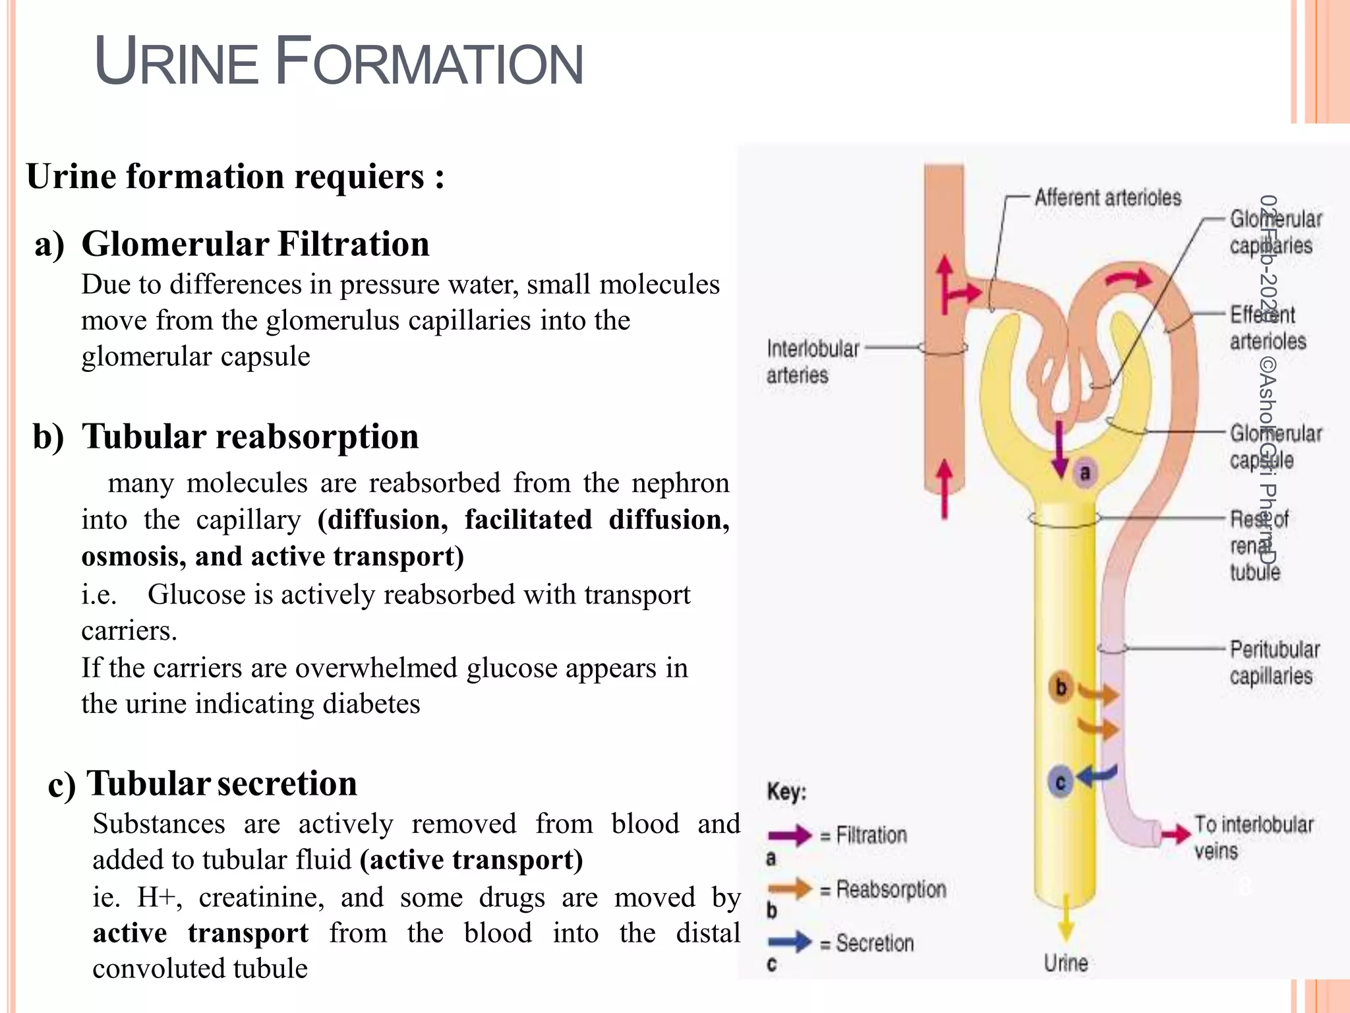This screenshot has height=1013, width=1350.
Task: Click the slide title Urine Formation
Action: point(339,62)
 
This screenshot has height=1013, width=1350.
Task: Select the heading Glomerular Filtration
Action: point(255,244)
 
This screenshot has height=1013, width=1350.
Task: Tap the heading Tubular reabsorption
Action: point(250,437)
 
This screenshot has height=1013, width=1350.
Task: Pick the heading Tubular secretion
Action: point(221,783)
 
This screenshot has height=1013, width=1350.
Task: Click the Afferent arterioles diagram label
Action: point(1107,197)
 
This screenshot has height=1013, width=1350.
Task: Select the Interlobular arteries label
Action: point(812,361)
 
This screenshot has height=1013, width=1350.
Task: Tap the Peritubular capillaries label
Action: point(1274,662)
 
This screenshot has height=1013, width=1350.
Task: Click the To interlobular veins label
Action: point(1253,837)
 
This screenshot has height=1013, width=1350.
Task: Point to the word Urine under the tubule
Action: point(1066,963)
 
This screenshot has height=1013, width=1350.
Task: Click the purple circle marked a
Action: point(1085,472)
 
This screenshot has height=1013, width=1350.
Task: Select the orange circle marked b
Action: point(1061,687)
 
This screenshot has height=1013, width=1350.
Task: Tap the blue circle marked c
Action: point(1061,782)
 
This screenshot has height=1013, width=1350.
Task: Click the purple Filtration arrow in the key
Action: point(789,836)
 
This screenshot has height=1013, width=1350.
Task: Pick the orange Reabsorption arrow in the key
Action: point(789,889)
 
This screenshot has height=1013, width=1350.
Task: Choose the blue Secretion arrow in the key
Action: point(789,942)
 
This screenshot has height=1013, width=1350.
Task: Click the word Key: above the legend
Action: point(786,791)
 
